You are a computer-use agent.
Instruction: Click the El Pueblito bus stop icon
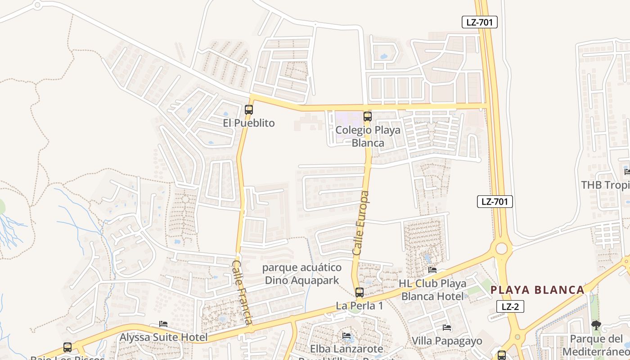248,109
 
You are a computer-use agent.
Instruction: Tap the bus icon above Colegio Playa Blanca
368,117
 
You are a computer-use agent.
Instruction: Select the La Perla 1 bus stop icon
359,292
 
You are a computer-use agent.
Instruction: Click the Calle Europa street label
361,224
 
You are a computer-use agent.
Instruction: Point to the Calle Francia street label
241,292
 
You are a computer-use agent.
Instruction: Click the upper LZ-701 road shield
479,22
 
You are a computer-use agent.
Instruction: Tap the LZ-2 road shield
510,307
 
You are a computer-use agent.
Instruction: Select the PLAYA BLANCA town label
537,290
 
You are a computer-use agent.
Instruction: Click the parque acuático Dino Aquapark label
302,274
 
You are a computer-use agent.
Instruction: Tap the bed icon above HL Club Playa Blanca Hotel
432,270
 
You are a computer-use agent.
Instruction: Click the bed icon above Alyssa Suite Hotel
163,324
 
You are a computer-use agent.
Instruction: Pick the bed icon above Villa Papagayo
446,328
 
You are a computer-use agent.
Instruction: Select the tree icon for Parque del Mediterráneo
596,325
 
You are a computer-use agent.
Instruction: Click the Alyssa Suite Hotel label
164,337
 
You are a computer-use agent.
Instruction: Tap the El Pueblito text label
248,123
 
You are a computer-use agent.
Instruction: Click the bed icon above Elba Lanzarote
346,336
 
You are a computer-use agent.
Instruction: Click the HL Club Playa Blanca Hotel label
432,290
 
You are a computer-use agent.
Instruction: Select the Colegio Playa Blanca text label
368,136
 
